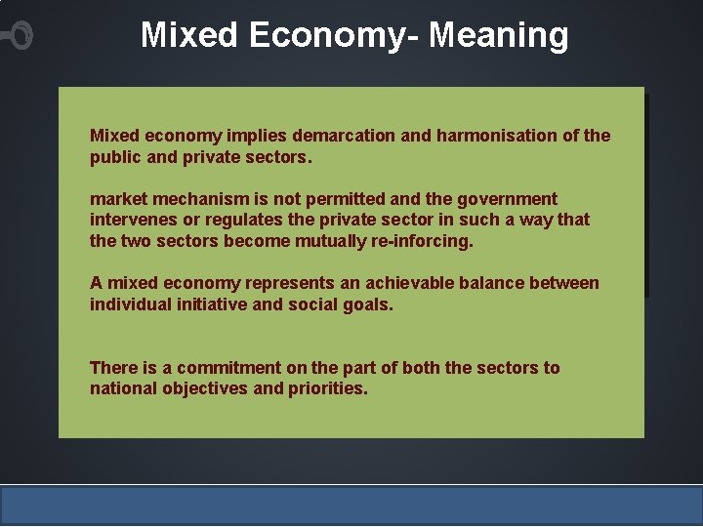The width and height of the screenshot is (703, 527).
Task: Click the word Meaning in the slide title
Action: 498,36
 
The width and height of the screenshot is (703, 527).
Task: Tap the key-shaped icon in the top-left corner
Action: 18,37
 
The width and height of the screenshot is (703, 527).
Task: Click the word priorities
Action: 328,389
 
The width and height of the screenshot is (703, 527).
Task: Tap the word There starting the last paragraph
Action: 114,368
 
